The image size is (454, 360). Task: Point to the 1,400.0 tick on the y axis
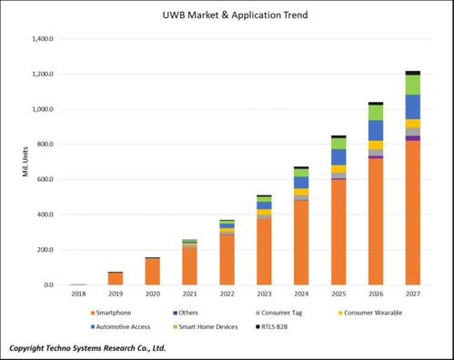[x=41, y=39]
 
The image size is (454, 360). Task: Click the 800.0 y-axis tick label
[x=43, y=145]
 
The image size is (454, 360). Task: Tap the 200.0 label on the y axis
[x=43, y=250]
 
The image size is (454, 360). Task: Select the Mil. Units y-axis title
[x=25, y=161]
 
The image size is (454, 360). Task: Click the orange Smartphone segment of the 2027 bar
[x=412, y=213]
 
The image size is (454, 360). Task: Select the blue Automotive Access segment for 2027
[x=412, y=106]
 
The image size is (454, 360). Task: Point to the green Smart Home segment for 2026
[x=375, y=112]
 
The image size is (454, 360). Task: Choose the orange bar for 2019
[x=116, y=278]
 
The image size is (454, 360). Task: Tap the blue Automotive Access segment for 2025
[x=338, y=157]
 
